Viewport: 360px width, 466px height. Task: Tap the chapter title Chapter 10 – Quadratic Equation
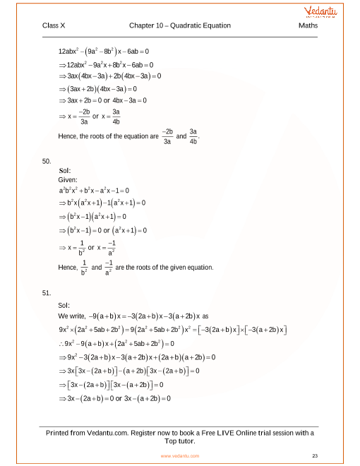coord(180,26)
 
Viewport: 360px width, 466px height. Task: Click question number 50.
coord(47,161)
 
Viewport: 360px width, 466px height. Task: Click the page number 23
coord(314,456)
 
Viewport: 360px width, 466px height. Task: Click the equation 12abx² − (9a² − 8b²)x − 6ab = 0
coord(104,52)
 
